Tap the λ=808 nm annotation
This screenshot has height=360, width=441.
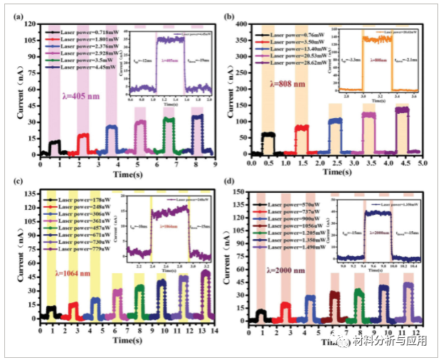click(292, 84)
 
